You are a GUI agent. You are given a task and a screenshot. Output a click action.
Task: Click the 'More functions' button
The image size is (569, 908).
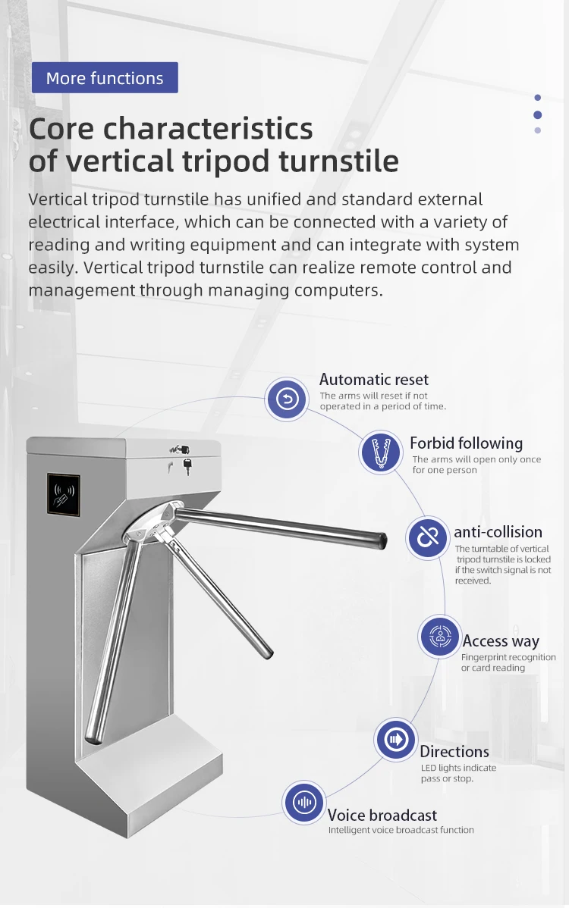coord(105,78)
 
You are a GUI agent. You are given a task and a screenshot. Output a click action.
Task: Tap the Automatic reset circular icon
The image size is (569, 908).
coord(287,399)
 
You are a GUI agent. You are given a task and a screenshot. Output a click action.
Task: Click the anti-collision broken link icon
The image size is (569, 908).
coord(428,537)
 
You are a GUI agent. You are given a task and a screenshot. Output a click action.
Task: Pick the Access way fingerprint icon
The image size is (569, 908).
coord(440,637)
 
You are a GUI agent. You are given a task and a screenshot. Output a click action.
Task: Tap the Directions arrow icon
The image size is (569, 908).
coord(395,739)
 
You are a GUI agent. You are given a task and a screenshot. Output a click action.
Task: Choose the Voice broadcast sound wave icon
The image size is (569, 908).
coord(304,803)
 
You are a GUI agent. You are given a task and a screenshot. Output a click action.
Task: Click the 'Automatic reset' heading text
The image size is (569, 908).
coord(373,380)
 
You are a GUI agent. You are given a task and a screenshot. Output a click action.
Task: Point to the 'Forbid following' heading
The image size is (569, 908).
coord(466,443)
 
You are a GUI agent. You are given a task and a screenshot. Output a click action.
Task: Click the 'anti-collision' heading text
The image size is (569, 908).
coord(498,532)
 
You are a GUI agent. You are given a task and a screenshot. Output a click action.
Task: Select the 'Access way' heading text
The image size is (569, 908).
coord(500,641)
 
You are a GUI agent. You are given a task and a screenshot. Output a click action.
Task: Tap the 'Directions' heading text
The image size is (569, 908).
coord(454,752)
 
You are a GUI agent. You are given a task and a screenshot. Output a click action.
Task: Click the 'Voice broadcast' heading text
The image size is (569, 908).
coord(382,816)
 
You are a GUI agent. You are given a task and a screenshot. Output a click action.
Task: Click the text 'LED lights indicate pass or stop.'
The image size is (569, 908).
coord(457,773)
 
